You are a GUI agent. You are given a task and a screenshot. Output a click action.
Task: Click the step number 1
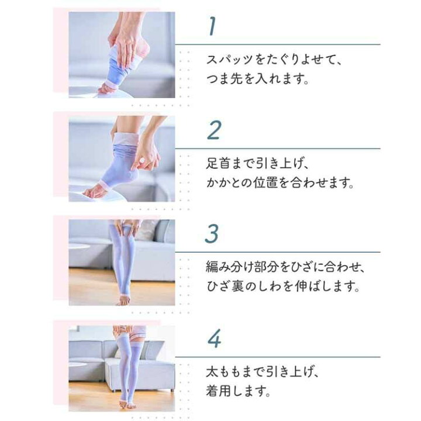coord(212,26)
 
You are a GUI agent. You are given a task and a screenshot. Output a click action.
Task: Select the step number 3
coord(213,234)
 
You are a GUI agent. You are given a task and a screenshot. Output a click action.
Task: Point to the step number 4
coord(213,339)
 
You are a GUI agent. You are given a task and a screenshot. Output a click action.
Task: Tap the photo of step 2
coord(122,158)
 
